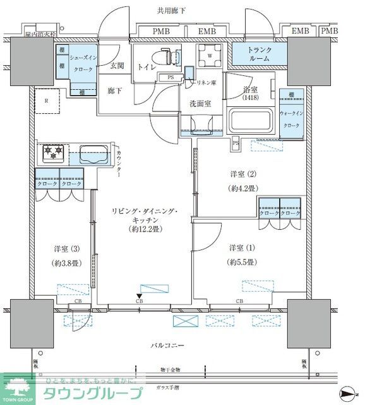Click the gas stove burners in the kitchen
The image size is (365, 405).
(x=54, y=152)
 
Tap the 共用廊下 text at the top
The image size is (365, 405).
(x=172, y=11)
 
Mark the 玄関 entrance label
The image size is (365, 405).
(x=117, y=65)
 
